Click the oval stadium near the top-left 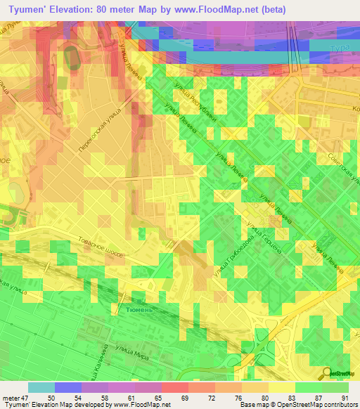pyautogui.click(x=72, y=56)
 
